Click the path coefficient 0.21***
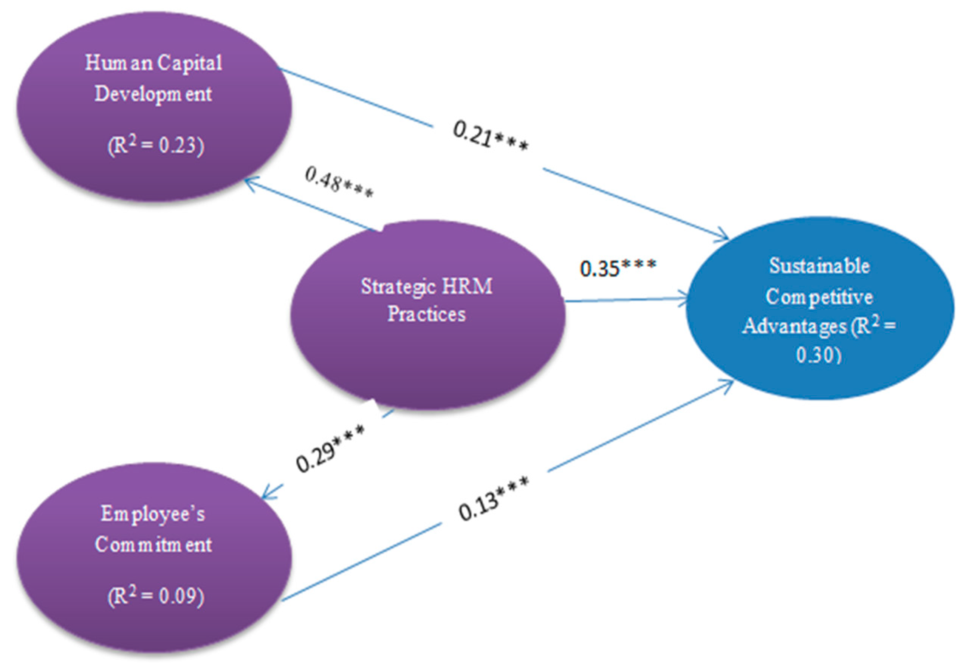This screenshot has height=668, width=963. click(490, 136)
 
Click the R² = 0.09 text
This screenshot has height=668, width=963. click(156, 596)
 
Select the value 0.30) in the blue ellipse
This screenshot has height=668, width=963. click(818, 355)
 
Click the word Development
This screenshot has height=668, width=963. click(153, 94)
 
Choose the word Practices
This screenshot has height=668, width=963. click(426, 314)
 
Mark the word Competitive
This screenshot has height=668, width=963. click(819, 297)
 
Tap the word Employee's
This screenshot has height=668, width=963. click(153, 514)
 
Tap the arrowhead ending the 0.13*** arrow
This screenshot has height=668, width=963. click(729, 383)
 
